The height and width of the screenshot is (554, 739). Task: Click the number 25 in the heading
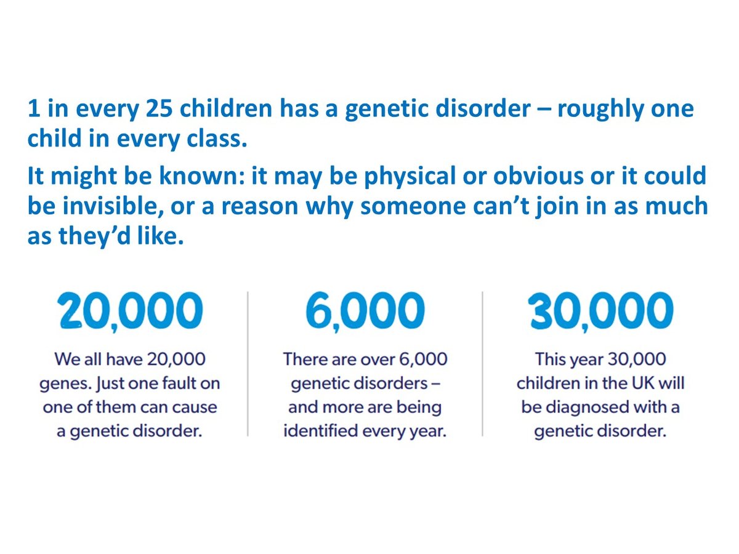coord(160,109)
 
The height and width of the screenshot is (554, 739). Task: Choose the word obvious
coord(538,175)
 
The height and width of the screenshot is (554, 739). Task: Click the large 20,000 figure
coord(130,311)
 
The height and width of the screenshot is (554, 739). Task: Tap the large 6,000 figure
coord(365,311)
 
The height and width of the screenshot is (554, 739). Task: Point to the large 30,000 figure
coord(600,311)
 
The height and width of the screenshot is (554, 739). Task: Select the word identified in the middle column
coord(320,430)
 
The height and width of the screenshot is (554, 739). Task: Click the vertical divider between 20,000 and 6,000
coord(248,364)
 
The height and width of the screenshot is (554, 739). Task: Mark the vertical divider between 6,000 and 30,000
coord(482,364)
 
